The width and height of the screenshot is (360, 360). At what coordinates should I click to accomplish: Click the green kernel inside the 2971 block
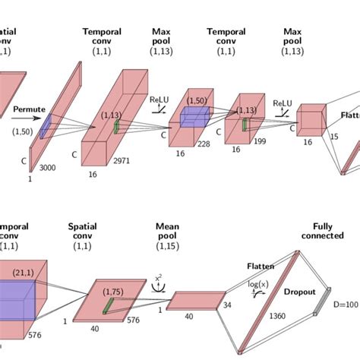point(117,126)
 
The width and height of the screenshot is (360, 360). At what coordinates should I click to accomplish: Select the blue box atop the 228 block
point(194,115)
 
